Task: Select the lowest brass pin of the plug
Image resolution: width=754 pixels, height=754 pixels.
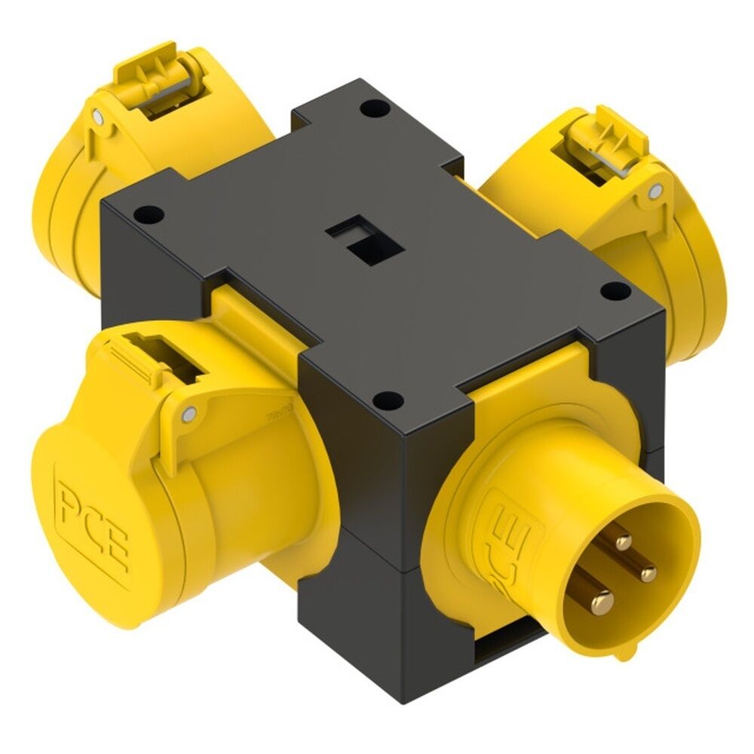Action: pyautogui.click(x=601, y=601)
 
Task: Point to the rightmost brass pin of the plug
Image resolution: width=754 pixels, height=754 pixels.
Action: pyautogui.click(x=648, y=574)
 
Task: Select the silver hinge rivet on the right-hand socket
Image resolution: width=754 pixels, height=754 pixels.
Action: pyautogui.click(x=655, y=191)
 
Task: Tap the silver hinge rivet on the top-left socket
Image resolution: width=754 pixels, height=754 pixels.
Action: pyautogui.click(x=98, y=116)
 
